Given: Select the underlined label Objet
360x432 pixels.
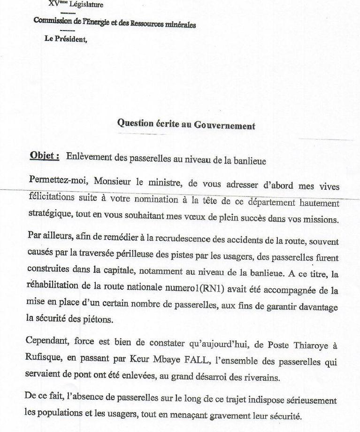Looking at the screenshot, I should (x=44, y=156).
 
